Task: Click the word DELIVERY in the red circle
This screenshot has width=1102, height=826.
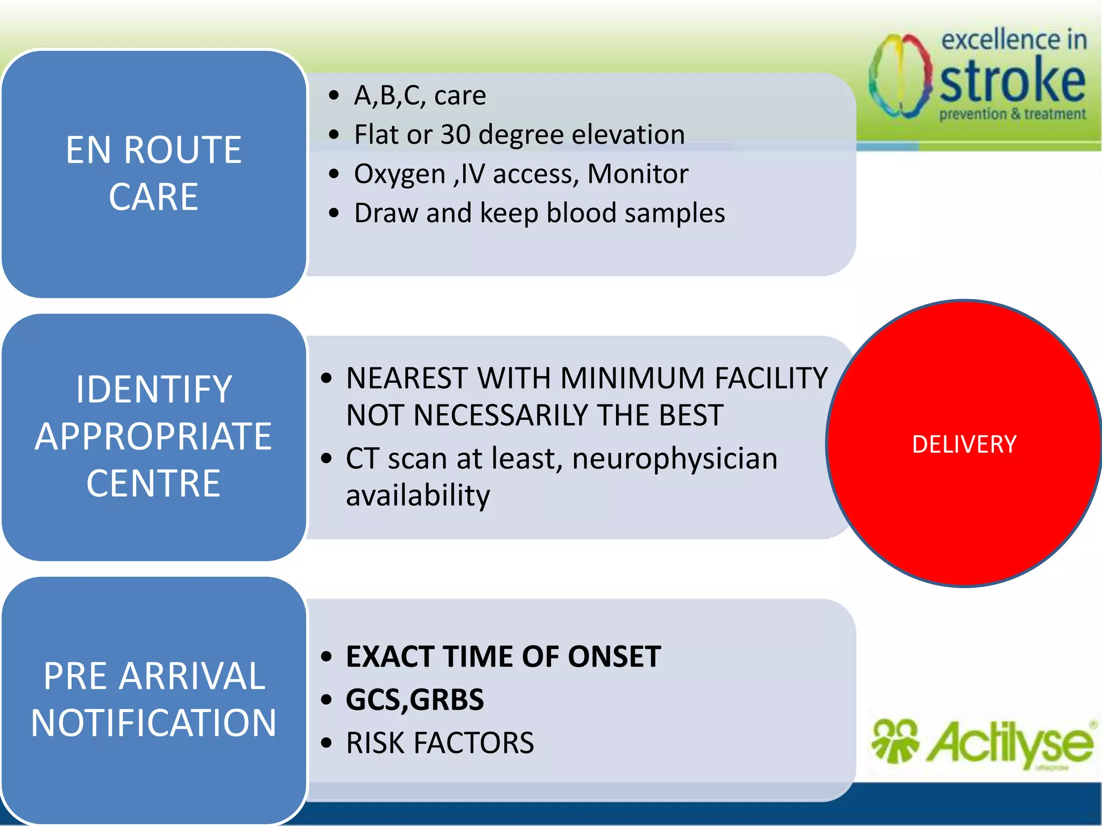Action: (x=964, y=444)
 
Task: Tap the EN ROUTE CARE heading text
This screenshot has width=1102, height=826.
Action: (x=153, y=173)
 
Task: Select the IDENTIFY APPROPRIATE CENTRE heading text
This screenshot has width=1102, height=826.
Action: (x=153, y=436)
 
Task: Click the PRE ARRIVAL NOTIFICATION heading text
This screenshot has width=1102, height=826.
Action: (x=153, y=699)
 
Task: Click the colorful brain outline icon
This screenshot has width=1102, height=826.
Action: (x=900, y=75)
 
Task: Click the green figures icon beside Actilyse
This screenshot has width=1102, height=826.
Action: (x=894, y=741)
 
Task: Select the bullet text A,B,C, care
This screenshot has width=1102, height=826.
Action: (x=420, y=96)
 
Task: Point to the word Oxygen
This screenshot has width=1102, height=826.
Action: (x=400, y=174)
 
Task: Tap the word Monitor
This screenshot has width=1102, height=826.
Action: (x=638, y=174)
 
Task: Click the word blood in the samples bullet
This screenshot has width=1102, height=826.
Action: (x=581, y=213)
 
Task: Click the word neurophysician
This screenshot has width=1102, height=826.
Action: (x=675, y=459)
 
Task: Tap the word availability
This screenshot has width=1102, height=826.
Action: (x=418, y=495)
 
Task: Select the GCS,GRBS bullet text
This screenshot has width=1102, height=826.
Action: (x=414, y=700)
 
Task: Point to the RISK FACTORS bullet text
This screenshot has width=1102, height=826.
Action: (x=440, y=743)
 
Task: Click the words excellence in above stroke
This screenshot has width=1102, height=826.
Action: (x=1014, y=40)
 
